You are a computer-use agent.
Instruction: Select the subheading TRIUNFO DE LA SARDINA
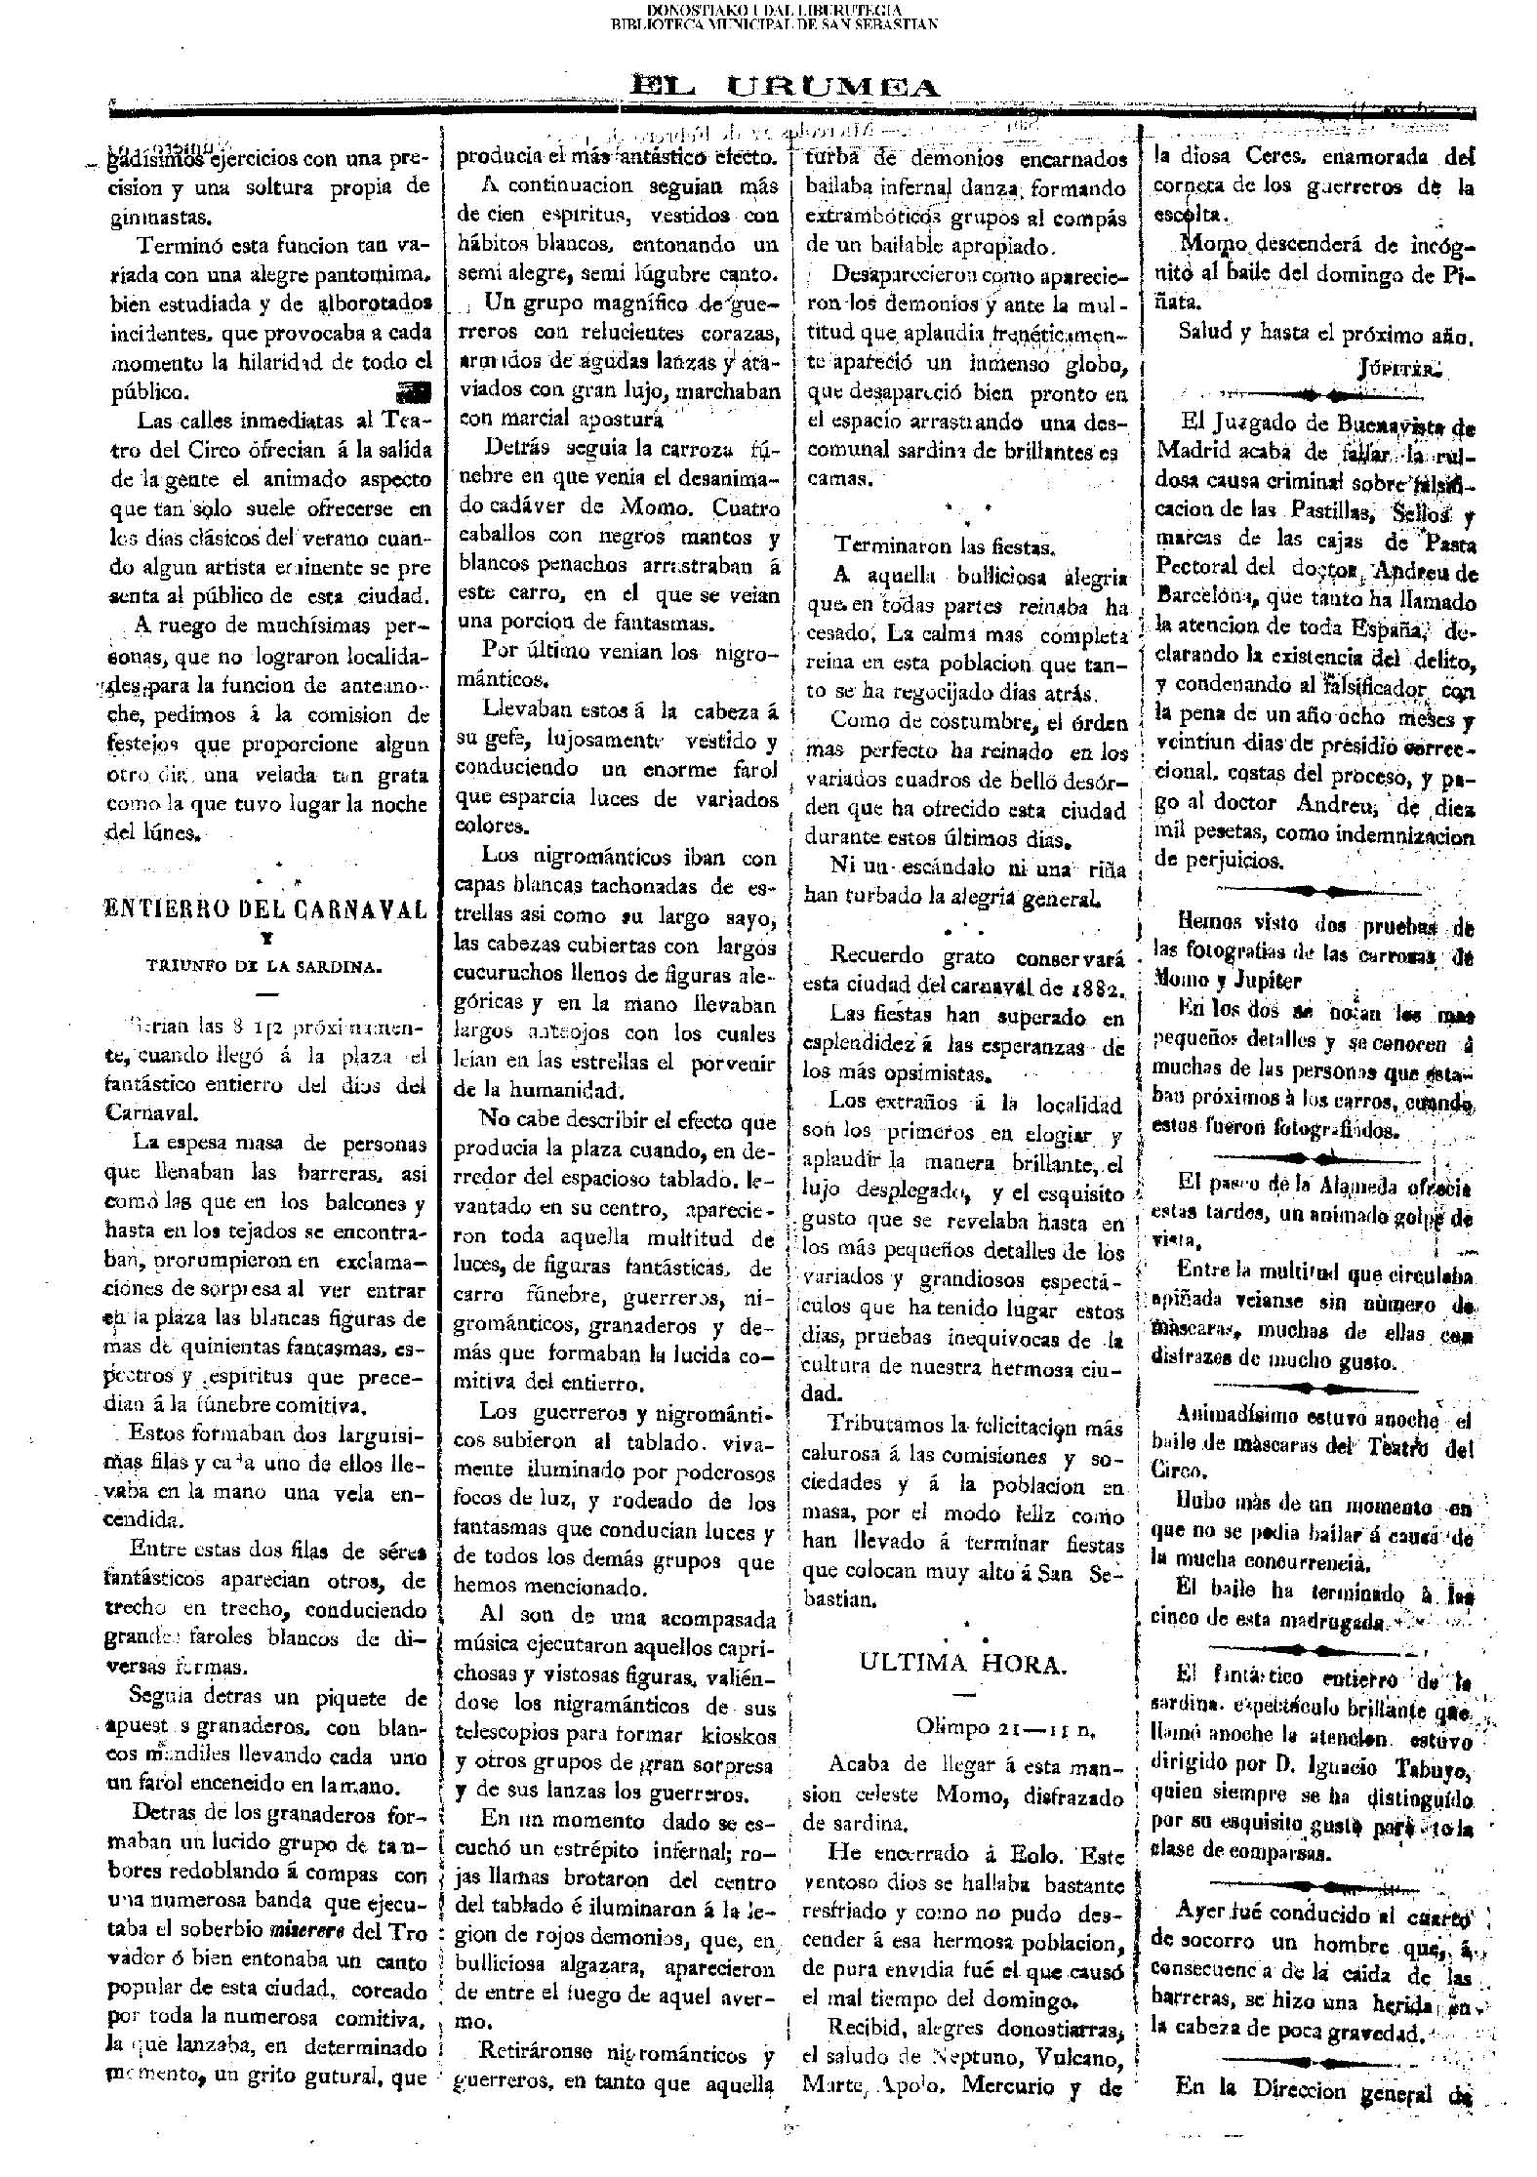(x=263, y=967)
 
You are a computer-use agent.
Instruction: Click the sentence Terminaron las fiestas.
(x=943, y=546)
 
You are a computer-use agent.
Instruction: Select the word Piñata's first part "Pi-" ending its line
(x=1460, y=273)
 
